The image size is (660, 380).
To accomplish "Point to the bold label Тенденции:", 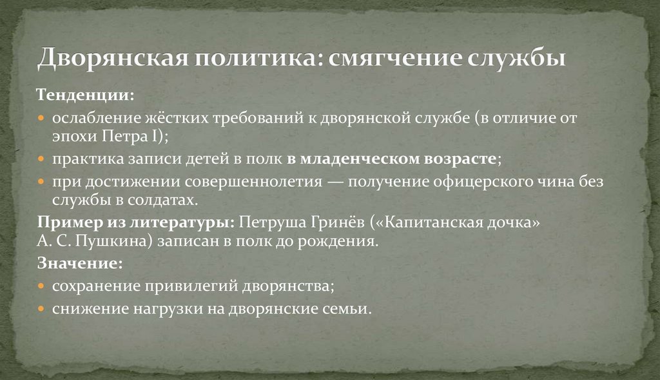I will coord(86,95).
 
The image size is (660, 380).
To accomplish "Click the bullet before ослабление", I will coord(41,119).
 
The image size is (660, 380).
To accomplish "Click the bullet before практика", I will coord(41,159).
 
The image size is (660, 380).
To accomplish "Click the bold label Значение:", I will coord(80,263).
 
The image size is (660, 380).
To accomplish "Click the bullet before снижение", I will coord(41,310).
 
